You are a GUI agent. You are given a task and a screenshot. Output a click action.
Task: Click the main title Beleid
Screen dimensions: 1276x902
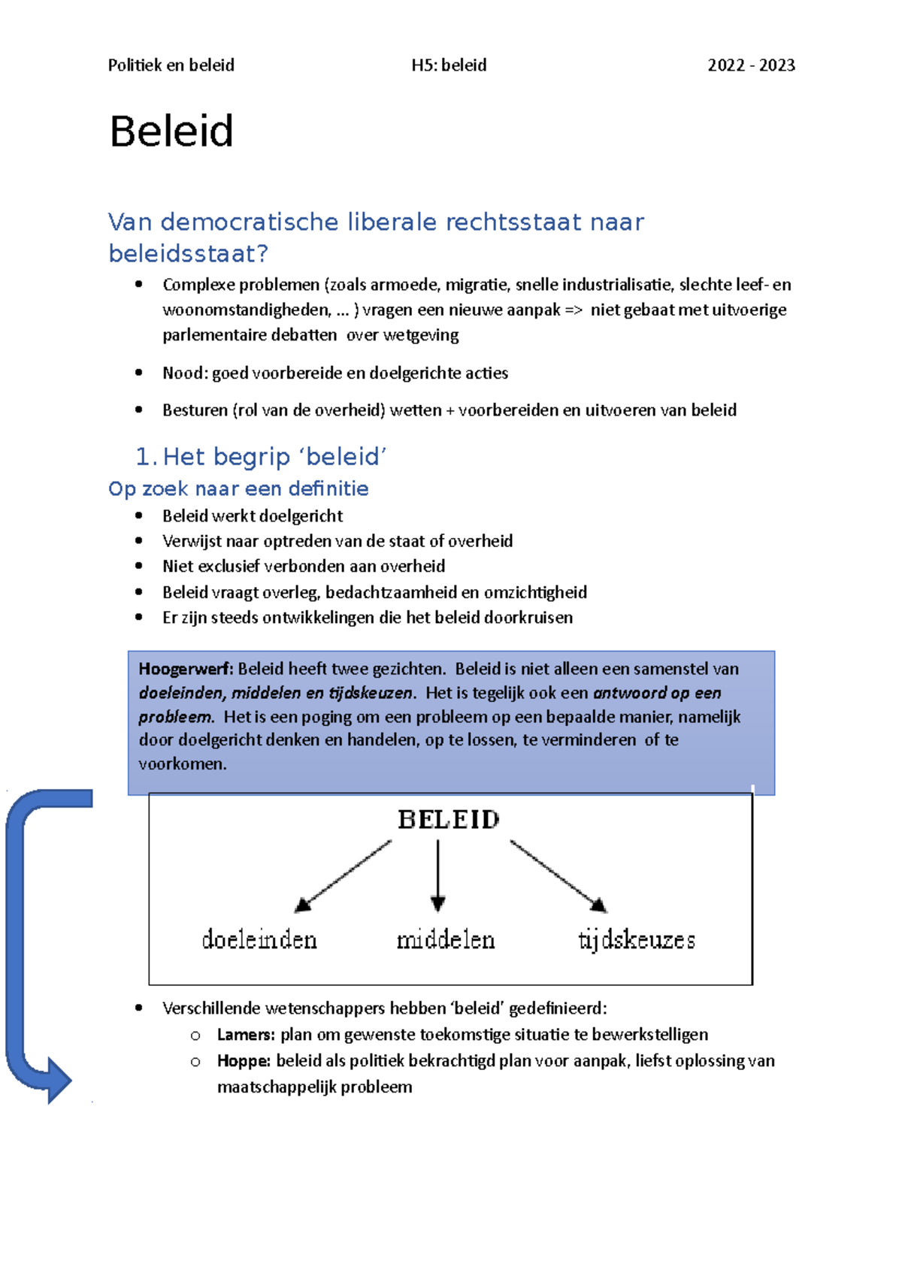(x=171, y=132)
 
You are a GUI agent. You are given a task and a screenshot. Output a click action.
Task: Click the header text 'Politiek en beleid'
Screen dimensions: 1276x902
(x=171, y=65)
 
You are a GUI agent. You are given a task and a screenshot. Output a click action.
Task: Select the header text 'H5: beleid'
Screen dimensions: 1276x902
(x=449, y=65)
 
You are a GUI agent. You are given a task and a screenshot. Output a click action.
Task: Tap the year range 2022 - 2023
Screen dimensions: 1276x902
(x=751, y=65)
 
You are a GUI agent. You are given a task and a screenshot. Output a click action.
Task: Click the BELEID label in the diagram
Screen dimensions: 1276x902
(x=449, y=820)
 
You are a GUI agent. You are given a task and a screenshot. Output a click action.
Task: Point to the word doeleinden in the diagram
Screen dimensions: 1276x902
(x=259, y=940)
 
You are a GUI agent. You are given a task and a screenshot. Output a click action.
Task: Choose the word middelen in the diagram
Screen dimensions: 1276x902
(x=446, y=940)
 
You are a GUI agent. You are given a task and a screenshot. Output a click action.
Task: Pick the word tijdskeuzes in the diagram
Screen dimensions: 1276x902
(x=637, y=940)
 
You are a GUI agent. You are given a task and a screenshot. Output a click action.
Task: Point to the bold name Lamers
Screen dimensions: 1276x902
(x=246, y=1035)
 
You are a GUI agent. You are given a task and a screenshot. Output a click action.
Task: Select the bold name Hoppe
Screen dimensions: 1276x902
(x=244, y=1061)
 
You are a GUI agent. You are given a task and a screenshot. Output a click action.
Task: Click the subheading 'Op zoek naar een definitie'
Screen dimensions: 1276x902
(x=238, y=489)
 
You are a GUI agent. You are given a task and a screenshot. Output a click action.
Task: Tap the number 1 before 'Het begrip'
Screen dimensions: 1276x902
(x=145, y=457)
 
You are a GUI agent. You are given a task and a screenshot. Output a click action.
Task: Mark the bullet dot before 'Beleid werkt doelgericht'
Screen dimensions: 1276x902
(x=139, y=516)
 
